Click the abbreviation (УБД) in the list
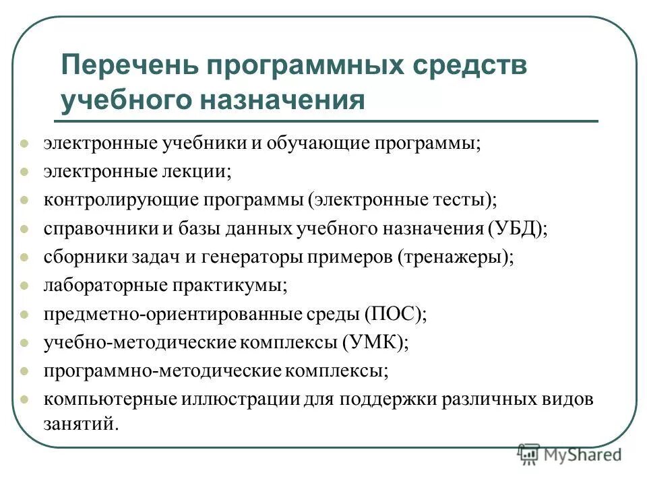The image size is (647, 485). [516, 228]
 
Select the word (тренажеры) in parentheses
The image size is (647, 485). [455, 257]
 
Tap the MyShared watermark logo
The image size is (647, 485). [569, 454]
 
